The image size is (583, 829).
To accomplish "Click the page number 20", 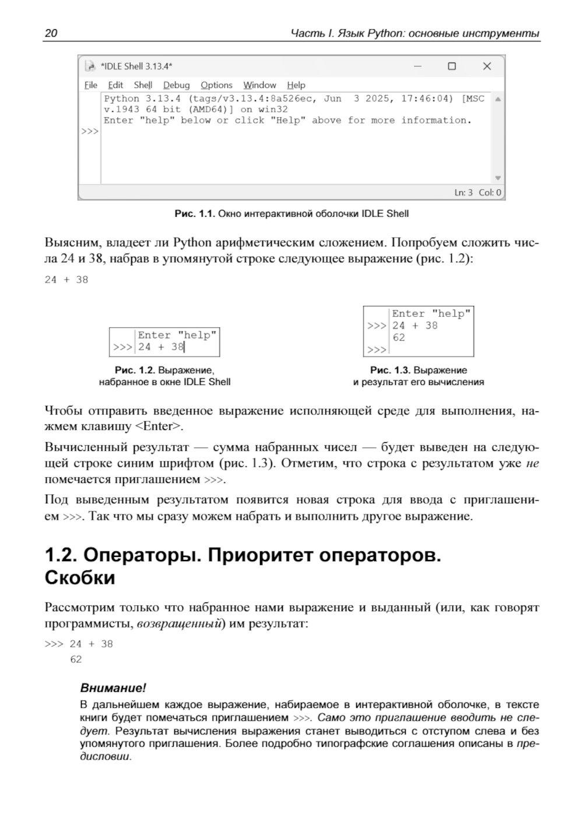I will point(51,33).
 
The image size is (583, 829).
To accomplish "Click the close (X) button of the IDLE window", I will point(487,66).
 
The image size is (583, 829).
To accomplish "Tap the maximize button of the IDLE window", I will point(452,66).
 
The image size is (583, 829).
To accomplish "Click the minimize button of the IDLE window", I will point(417,66).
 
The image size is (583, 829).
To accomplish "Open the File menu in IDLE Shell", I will point(91,85).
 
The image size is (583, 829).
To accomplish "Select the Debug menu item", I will point(176,85).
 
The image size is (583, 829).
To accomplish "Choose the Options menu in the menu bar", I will point(216,85).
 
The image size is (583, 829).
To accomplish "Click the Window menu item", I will point(259,85).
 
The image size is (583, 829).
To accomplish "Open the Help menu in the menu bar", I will point(296,85).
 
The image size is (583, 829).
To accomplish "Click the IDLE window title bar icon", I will point(90,66).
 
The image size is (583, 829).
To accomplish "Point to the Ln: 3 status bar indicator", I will point(463,192).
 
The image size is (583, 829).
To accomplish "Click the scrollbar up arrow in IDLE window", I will point(498,99).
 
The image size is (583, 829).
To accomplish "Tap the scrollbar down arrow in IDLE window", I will point(498,178).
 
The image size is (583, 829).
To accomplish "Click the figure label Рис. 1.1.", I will point(195,214).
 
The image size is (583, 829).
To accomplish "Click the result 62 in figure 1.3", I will point(399,338).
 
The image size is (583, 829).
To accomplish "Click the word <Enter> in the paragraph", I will point(158,426).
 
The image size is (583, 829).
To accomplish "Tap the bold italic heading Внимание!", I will point(113,687).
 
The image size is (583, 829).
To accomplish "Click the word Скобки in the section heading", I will point(80,578).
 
